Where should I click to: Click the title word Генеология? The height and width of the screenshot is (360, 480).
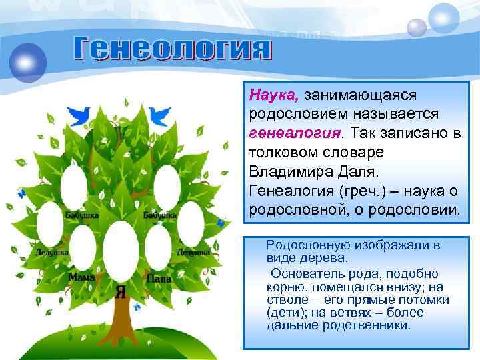[172, 49]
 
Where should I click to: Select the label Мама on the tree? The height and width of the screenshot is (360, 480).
[81, 277]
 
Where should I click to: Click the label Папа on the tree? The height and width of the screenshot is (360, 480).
[159, 277]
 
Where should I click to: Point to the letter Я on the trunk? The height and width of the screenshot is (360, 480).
[121, 291]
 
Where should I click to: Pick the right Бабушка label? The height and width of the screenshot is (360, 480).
[159, 215]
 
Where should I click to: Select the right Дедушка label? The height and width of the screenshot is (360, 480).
[193, 253]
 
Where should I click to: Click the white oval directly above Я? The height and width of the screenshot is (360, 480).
[121, 252]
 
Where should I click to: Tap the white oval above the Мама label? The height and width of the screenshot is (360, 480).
[83, 247]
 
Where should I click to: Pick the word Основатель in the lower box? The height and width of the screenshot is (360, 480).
[304, 274]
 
